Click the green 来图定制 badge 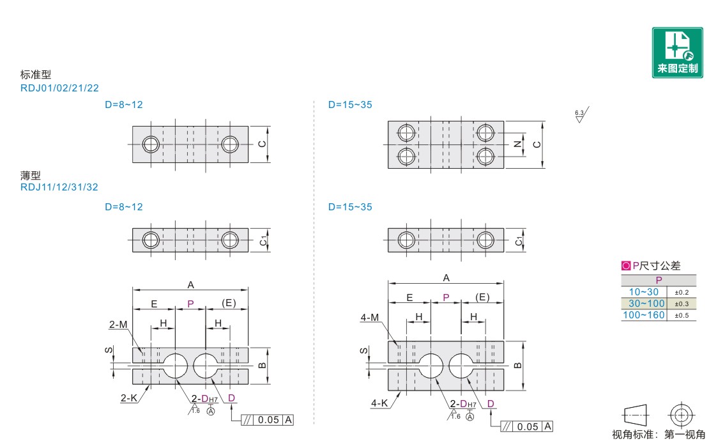[x=677, y=52]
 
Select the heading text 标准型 [x=36, y=75]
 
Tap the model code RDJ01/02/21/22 [x=59, y=88]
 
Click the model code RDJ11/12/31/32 [x=59, y=187]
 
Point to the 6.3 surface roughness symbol [x=581, y=114]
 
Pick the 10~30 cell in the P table [x=644, y=292]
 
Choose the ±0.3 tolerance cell [x=682, y=304]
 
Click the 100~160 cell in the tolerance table [x=644, y=315]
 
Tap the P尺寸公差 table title [x=651, y=265]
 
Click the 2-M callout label [x=118, y=324]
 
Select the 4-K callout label [x=379, y=403]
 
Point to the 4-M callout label [x=369, y=318]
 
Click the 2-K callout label [x=129, y=398]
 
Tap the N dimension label [x=518, y=144]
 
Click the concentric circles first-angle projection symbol [x=682, y=415]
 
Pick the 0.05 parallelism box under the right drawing [x=527, y=426]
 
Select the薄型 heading [x=30, y=175]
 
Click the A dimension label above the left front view [x=191, y=285]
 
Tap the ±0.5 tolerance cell [x=682, y=315]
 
